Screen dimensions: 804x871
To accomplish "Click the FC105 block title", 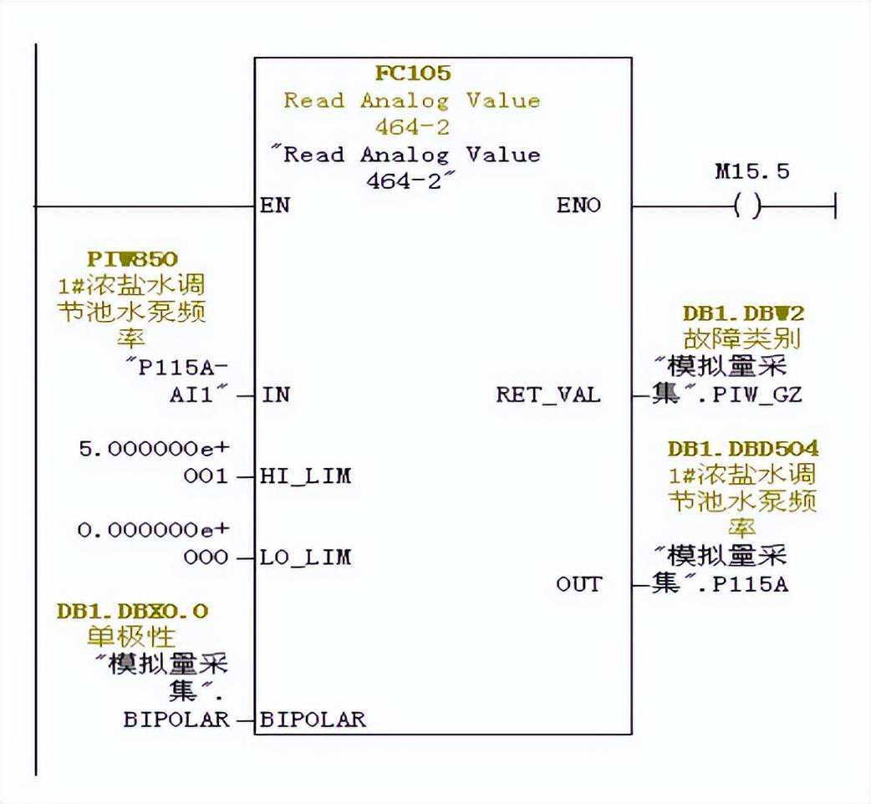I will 412,74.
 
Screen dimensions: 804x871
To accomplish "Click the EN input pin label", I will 275,206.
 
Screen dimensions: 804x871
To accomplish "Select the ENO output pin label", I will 578,206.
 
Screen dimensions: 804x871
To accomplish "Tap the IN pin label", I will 275,394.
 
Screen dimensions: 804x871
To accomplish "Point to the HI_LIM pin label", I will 305,476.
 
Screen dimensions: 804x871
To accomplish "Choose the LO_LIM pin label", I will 305,557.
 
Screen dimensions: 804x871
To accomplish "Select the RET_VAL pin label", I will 548,394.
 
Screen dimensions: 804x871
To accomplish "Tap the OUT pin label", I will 578,584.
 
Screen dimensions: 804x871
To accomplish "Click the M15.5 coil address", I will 752,172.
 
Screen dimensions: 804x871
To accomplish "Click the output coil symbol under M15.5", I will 746,206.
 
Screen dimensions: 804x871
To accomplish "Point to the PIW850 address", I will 132,259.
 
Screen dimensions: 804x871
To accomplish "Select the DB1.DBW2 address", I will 742,313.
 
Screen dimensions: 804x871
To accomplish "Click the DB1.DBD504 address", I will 742,449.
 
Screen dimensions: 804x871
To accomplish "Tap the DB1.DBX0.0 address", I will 132,612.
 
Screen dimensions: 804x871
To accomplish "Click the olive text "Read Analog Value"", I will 411,101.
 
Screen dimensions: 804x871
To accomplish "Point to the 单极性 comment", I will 132,638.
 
